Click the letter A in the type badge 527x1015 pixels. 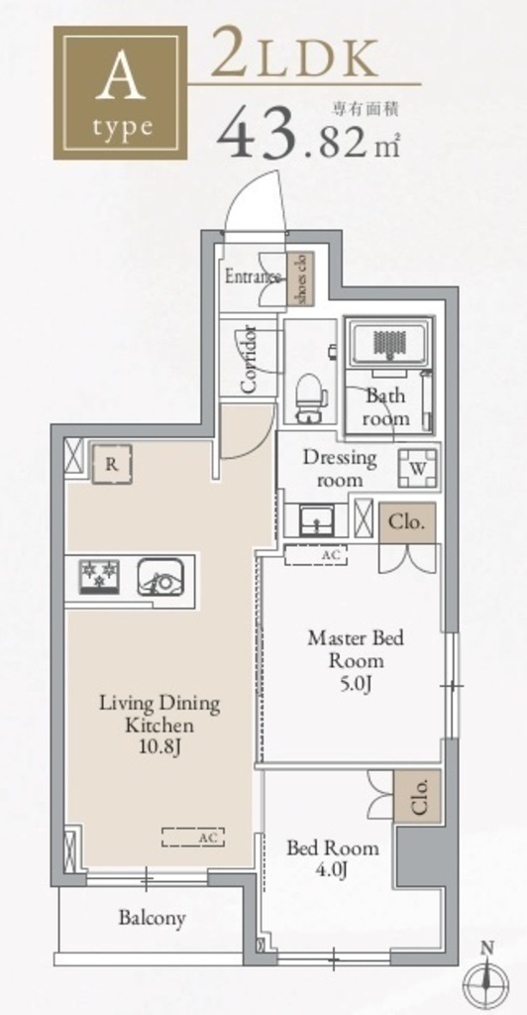(x=120, y=78)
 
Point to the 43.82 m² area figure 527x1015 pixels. (x=309, y=135)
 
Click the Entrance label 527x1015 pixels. (x=253, y=278)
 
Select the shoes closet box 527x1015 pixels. (x=301, y=279)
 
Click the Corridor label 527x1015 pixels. (x=249, y=359)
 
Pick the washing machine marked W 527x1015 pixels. (x=417, y=468)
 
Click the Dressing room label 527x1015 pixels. (x=340, y=469)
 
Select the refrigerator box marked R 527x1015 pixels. (x=112, y=464)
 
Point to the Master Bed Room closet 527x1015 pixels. (x=407, y=522)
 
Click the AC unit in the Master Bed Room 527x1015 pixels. (x=316, y=556)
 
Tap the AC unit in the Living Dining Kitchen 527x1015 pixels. (x=193, y=837)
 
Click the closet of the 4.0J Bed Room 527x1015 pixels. (x=417, y=796)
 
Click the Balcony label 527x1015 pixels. (x=152, y=918)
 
